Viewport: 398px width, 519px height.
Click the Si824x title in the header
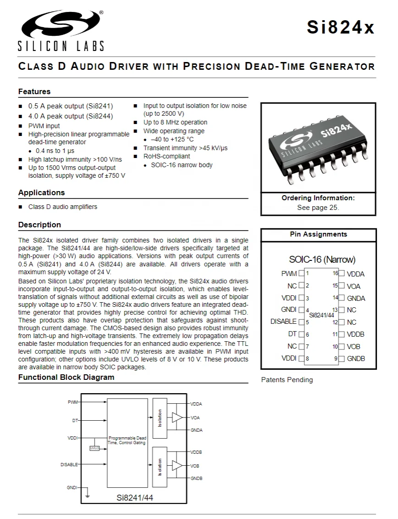coord(341,28)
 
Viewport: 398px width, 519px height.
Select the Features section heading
coord(34,91)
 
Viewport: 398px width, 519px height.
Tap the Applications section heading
coord(41,192)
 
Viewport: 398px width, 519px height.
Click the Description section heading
coord(39,225)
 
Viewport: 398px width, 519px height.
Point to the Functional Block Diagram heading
coord(66,377)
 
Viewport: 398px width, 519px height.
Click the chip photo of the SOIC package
coord(318,147)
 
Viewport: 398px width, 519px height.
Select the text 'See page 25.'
coord(318,207)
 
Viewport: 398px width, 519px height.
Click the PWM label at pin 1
coord(289,274)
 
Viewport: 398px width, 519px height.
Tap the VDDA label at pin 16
coord(356,274)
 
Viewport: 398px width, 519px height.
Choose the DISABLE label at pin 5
coord(283,322)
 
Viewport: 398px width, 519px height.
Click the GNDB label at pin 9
coord(356,358)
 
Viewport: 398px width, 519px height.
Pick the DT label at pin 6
coord(292,334)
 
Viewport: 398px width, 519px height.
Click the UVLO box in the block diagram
coord(94,448)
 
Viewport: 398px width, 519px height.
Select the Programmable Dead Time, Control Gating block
coord(127,441)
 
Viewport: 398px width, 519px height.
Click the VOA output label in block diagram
coord(195,417)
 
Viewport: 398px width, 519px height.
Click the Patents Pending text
coord(287,380)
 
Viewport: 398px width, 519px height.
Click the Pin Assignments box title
coord(318,234)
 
